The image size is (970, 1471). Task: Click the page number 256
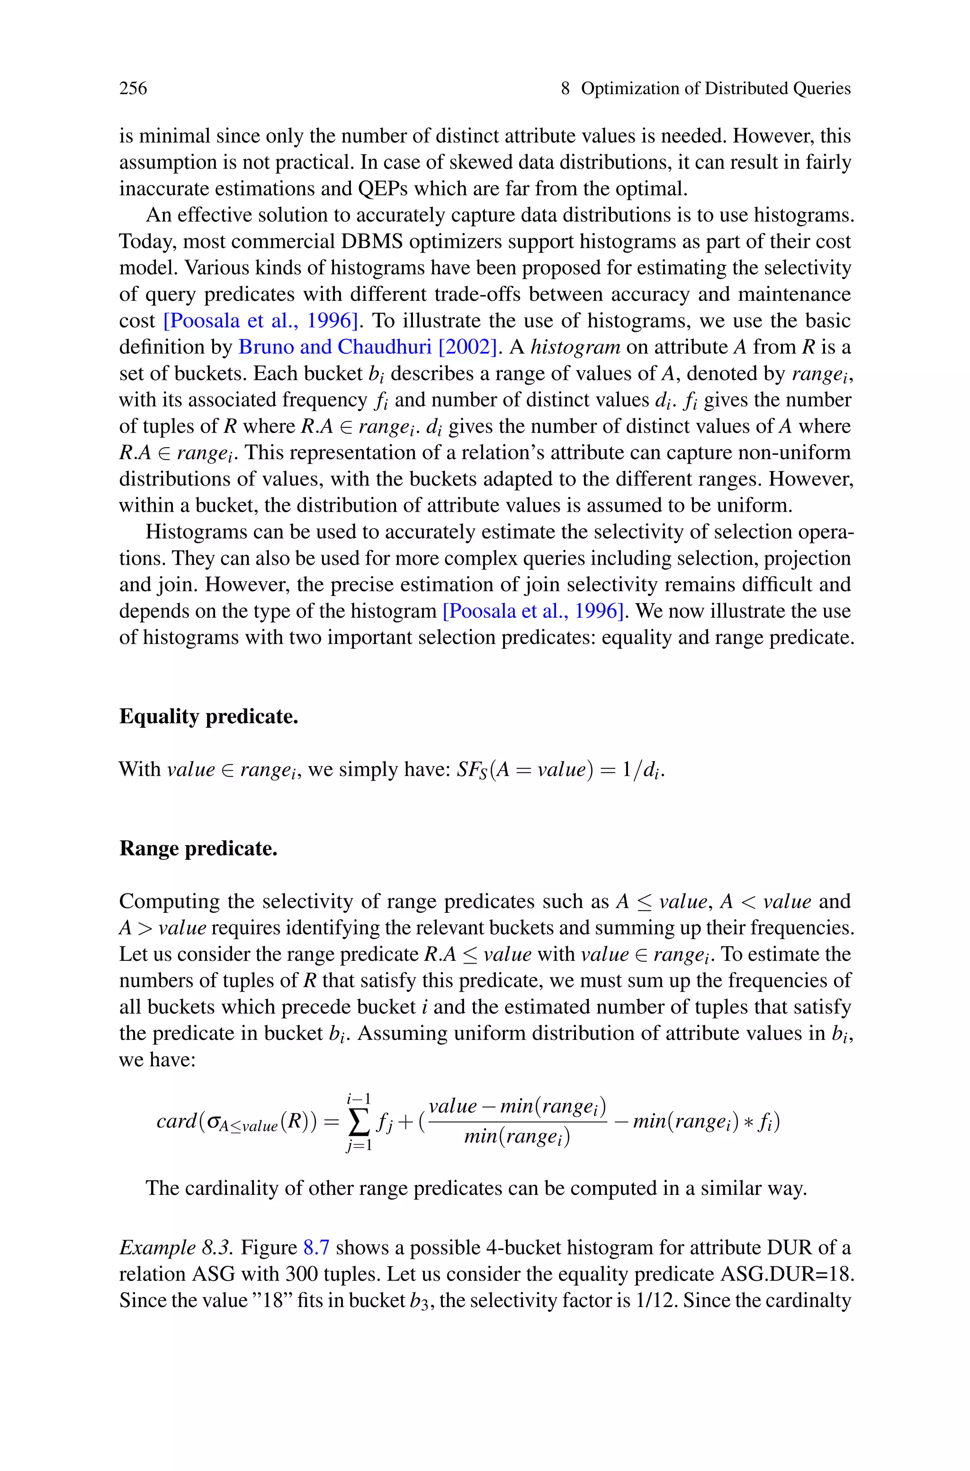133,89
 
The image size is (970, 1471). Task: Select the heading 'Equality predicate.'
208,716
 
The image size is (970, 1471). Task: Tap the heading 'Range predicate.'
198,848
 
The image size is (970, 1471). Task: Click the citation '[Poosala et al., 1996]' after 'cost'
262,320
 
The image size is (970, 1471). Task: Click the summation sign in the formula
359,1121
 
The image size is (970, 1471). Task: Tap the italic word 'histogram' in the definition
575,347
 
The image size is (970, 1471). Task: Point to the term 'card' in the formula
176,1121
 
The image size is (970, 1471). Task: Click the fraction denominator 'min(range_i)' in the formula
517,1137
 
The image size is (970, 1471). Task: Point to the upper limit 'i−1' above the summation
359,1099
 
